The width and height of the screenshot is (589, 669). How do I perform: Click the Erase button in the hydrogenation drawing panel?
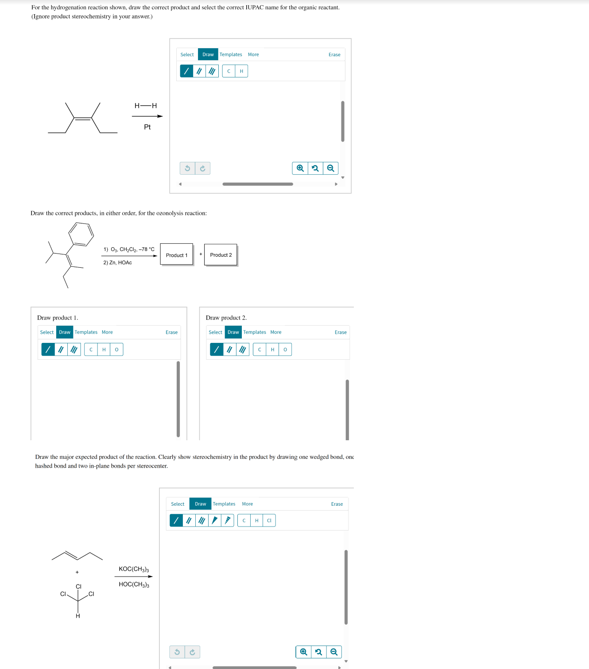(x=334, y=55)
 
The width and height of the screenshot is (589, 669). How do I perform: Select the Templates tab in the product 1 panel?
(x=86, y=332)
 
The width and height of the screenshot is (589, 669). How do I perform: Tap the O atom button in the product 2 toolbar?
(x=285, y=350)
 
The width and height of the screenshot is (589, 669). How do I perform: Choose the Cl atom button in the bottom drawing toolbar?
(x=269, y=521)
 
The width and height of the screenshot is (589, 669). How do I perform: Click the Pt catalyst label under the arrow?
(x=147, y=127)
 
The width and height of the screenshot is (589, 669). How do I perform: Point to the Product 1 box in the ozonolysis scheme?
(x=177, y=255)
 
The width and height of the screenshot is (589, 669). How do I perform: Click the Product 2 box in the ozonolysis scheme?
(x=221, y=255)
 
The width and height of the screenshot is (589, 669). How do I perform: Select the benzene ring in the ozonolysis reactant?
(x=81, y=234)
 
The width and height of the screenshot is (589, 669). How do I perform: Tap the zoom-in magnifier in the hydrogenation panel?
(x=300, y=168)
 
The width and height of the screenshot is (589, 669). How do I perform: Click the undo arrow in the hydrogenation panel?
(x=187, y=168)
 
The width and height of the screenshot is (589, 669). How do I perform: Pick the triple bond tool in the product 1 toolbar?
(x=74, y=350)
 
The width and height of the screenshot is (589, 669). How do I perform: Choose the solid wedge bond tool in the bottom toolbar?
(x=215, y=520)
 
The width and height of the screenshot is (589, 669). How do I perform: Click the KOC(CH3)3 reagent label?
(x=134, y=569)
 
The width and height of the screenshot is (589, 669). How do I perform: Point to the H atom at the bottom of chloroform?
(x=78, y=616)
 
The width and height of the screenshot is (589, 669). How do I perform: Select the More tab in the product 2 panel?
(x=276, y=332)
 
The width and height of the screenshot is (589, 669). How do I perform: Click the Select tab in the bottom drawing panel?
(x=178, y=504)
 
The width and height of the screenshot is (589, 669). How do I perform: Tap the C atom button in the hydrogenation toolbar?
(x=229, y=71)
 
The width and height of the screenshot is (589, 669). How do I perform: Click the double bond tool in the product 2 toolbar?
(x=229, y=350)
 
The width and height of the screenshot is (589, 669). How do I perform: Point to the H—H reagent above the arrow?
(x=146, y=106)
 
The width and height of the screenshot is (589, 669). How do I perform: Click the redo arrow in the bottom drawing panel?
(x=192, y=652)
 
